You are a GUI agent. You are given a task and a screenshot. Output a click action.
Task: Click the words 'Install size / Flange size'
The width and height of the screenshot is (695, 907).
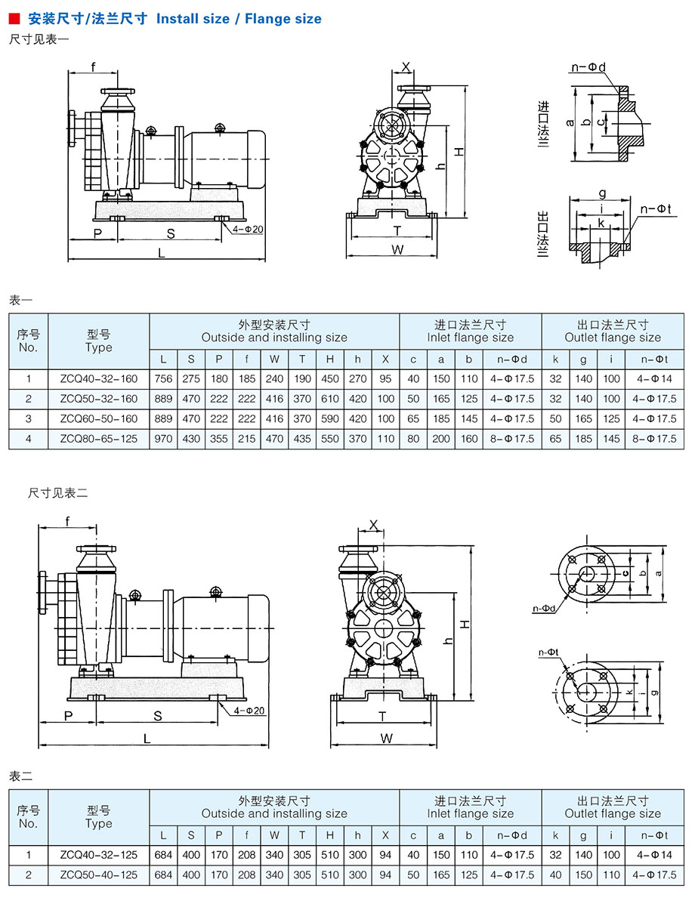(x=239, y=19)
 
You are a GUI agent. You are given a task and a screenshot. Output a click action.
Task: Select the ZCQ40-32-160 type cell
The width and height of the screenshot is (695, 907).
(x=99, y=378)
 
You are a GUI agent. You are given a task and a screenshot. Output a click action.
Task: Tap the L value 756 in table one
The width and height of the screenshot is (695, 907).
(x=163, y=378)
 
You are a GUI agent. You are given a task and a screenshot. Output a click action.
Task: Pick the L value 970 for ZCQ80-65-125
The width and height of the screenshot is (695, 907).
(x=163, y=439)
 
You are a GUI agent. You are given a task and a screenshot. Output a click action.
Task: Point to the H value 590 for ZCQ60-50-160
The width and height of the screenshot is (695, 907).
(x=330, y=418)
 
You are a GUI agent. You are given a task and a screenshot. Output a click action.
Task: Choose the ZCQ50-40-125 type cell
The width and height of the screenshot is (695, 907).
(x=99, y=875)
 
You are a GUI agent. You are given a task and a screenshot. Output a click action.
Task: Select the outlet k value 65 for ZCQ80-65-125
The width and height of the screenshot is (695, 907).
(x=556, y=439)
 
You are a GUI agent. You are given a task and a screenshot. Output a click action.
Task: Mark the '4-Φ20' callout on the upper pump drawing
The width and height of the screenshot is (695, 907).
(x=248, y=229)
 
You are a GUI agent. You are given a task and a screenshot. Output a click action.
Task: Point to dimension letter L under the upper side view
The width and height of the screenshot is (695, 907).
(x=162, y=254)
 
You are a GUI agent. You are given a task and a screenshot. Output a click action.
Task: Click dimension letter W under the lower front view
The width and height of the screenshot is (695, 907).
(x=387, y=738)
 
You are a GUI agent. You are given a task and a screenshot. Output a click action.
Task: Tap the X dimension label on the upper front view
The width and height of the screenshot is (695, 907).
(x=406, y=66)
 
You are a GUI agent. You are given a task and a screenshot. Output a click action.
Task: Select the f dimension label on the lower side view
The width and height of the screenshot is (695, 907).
(x=67, y=521)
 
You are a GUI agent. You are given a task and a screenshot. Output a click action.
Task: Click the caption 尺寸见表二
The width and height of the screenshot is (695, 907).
(x=58, y=492)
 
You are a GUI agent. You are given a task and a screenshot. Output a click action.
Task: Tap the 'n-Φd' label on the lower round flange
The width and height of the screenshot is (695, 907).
(x=545, y=608)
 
